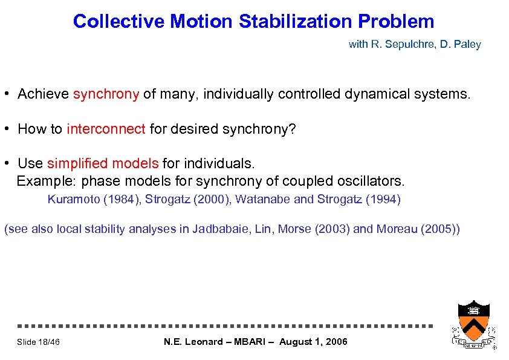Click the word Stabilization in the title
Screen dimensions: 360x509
[x=296, y=22]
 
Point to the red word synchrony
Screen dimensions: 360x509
[x=106, y=94]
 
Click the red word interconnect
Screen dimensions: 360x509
[x=106, y=129]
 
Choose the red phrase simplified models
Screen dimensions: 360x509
[x=103, y=163]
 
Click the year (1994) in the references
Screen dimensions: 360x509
[x=380, y=199]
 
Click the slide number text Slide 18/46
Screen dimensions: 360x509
[x=38, y=342]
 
